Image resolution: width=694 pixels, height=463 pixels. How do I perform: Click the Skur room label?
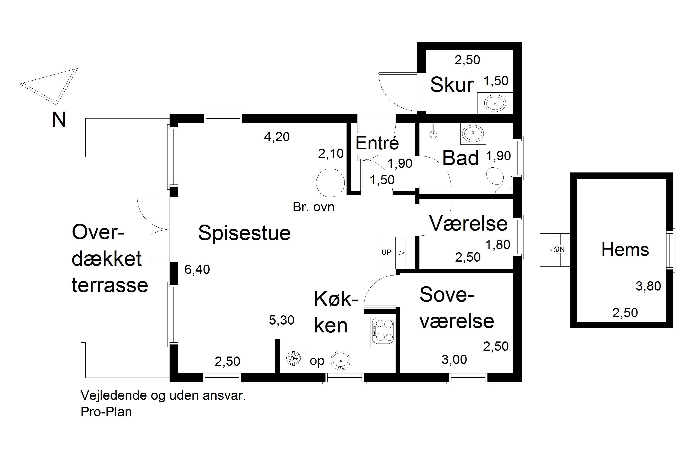(x=452, y=85)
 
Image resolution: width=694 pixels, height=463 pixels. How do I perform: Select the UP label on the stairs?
(x=386, y=252)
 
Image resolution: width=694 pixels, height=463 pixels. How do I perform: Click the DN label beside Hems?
(x=560, y=250)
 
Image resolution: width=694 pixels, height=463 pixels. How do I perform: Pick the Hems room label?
(x=625, y=250)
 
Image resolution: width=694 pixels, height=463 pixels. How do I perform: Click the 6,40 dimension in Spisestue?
(x=197, y=269)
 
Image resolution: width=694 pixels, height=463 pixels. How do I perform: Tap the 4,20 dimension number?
(x=277, y=137)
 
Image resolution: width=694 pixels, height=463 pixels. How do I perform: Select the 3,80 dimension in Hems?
(x=648, y=286)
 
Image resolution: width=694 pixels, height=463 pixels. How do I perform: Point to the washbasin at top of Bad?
(x=473, y=133)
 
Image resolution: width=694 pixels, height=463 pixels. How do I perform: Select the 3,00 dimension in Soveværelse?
(x=454, y=359)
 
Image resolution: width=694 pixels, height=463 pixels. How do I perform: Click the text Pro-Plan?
(x=106, y=412)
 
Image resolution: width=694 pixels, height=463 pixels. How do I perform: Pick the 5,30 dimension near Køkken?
(x=282, y=320)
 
